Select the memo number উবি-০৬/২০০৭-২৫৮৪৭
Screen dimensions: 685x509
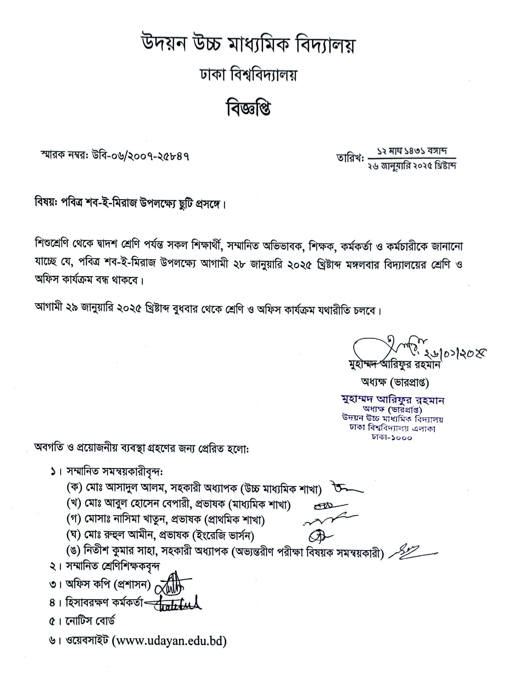click(141, 157)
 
